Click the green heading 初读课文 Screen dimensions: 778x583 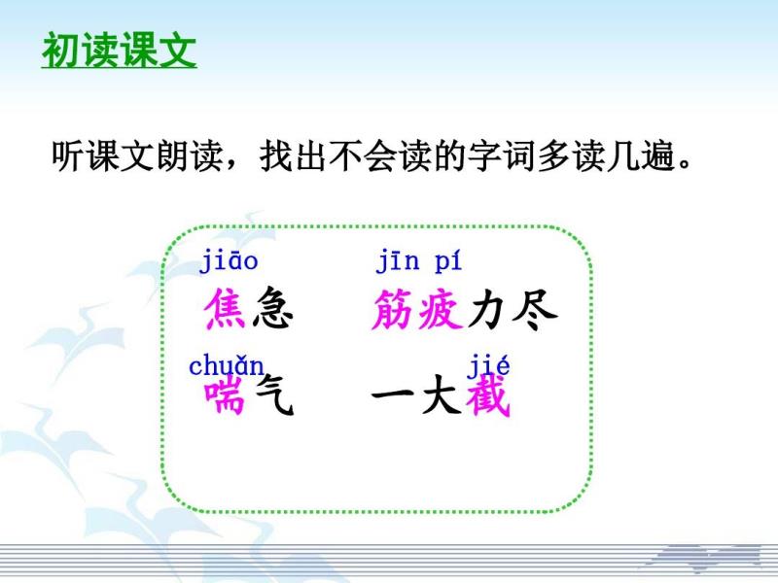tap(119, 51)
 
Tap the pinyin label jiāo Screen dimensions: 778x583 tap(229, 261)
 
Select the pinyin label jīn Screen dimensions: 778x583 tap(398, 261)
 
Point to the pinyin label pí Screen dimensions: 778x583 tap(448, 261)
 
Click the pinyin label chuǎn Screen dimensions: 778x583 tap(227, 366)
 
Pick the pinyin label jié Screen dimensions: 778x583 tap(488, 367)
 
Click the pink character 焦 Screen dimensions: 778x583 tap(225, 308)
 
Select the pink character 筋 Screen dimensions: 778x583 tap(393, 309)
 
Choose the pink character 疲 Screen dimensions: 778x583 tap(441, 309)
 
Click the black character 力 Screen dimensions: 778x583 tap(487, 309)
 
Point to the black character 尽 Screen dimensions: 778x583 tap(535, 309)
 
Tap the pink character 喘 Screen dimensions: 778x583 tap(225, 395)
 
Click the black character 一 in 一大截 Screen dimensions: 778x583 tap(393, 394)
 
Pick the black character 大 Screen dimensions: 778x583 tap(441, 395)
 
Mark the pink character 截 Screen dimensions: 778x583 tap(488, 395)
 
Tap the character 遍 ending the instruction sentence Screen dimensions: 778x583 tap(657, 155)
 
